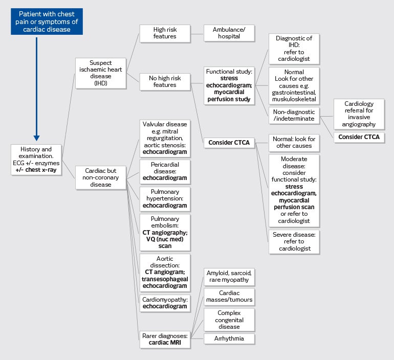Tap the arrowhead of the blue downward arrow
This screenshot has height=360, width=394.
point(37,137)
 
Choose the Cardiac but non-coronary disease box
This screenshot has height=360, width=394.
point(101,177)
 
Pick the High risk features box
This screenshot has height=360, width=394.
point(165,33)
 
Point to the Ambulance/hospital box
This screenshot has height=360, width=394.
point(229,33)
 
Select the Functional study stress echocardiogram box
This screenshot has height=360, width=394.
point(229,85)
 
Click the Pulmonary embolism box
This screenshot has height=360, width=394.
point(165,232)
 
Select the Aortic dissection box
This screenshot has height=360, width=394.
point(165,272)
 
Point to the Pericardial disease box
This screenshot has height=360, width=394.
point(165,171)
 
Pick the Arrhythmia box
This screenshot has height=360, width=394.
point(229,339)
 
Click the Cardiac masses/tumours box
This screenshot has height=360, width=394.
point(229,296)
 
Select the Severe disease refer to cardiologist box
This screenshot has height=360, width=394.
point(294,241)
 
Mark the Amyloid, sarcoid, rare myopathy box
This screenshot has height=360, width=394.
point(229,277)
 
